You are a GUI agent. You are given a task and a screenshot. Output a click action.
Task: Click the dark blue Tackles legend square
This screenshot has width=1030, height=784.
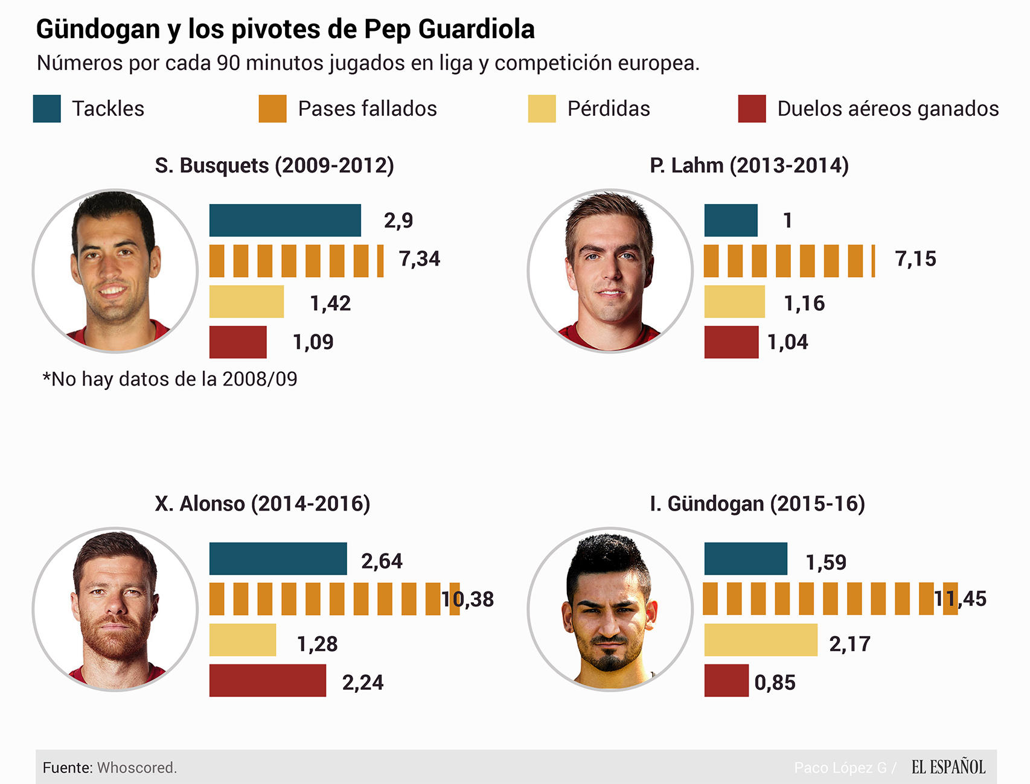coord(46,109)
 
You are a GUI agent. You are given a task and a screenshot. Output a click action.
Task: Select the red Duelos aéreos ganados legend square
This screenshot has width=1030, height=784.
coord(752,109)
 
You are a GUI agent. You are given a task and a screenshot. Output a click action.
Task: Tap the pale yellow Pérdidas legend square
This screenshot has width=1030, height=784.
coord(542,109)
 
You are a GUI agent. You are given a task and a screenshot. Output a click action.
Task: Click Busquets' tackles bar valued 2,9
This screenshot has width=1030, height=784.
coord(285,220)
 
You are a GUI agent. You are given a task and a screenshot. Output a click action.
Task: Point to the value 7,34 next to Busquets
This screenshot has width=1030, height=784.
coord(420,259)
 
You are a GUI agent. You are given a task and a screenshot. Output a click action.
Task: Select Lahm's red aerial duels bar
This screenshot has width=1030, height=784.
coord(731,342)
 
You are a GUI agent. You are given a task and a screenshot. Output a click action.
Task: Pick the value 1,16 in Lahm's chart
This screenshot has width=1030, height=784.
coord(804,303)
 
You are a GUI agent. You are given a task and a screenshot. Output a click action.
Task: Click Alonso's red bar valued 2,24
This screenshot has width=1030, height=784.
coord(267,681)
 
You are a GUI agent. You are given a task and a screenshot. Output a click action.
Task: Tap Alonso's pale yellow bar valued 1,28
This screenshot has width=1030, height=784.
coord(243,640)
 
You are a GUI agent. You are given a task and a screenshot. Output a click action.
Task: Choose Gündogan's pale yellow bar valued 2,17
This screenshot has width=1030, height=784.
coord(761,640)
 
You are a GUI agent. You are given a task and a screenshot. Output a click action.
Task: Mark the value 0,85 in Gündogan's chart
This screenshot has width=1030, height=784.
coord(775,683)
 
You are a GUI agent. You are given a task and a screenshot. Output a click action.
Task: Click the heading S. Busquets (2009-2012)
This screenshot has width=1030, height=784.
coord(274,165)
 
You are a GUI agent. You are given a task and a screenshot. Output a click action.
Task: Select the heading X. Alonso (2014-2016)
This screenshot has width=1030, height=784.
coord(263,503)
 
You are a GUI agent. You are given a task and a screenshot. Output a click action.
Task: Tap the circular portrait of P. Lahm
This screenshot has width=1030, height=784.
coord(610,270)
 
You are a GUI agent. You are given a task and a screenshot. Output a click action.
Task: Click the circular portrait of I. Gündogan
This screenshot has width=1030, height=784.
coord(610,609)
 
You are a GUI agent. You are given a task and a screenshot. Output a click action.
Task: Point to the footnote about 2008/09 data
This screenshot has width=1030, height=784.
coord(170,379)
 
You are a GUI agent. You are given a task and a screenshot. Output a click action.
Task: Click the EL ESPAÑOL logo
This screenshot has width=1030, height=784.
coord(948,767)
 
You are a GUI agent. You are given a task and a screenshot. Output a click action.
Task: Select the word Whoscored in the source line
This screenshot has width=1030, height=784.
coord(137,768)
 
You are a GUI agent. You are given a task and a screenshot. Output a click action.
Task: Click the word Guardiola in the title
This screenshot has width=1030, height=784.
coord(476,29)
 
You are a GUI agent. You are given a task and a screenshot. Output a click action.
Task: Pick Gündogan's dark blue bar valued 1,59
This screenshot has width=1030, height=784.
coord(746,559)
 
